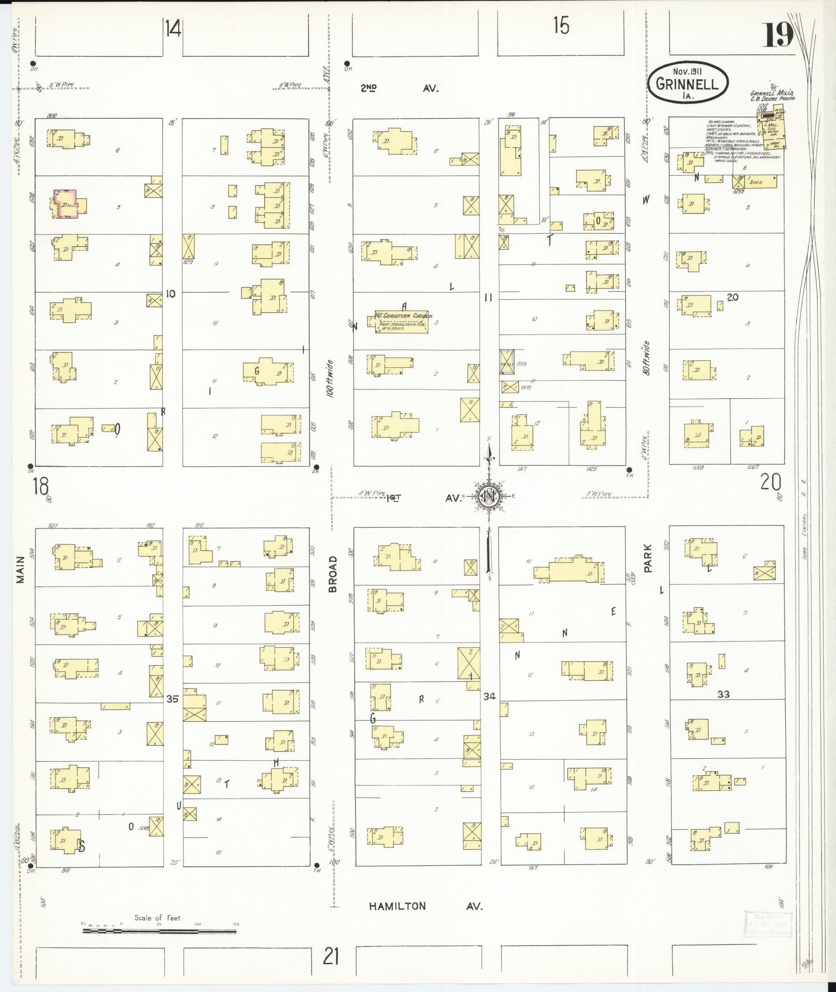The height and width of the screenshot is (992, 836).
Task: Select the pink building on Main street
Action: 66,203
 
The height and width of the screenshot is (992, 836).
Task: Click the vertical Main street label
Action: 21,570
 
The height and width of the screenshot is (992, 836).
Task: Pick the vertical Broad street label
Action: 333,574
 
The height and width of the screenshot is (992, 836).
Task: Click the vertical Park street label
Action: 648,558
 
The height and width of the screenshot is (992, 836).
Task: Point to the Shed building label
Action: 756,183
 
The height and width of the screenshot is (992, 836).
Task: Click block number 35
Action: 172,699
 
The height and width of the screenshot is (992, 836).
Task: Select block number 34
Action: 489,696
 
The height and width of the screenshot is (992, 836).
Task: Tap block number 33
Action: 723,694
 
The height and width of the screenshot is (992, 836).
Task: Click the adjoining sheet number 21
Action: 331,956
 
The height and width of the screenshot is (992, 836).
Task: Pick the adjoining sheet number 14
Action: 173,28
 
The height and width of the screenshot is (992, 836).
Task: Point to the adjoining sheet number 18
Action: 40,486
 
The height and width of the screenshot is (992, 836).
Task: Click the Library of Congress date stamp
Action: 769,925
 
